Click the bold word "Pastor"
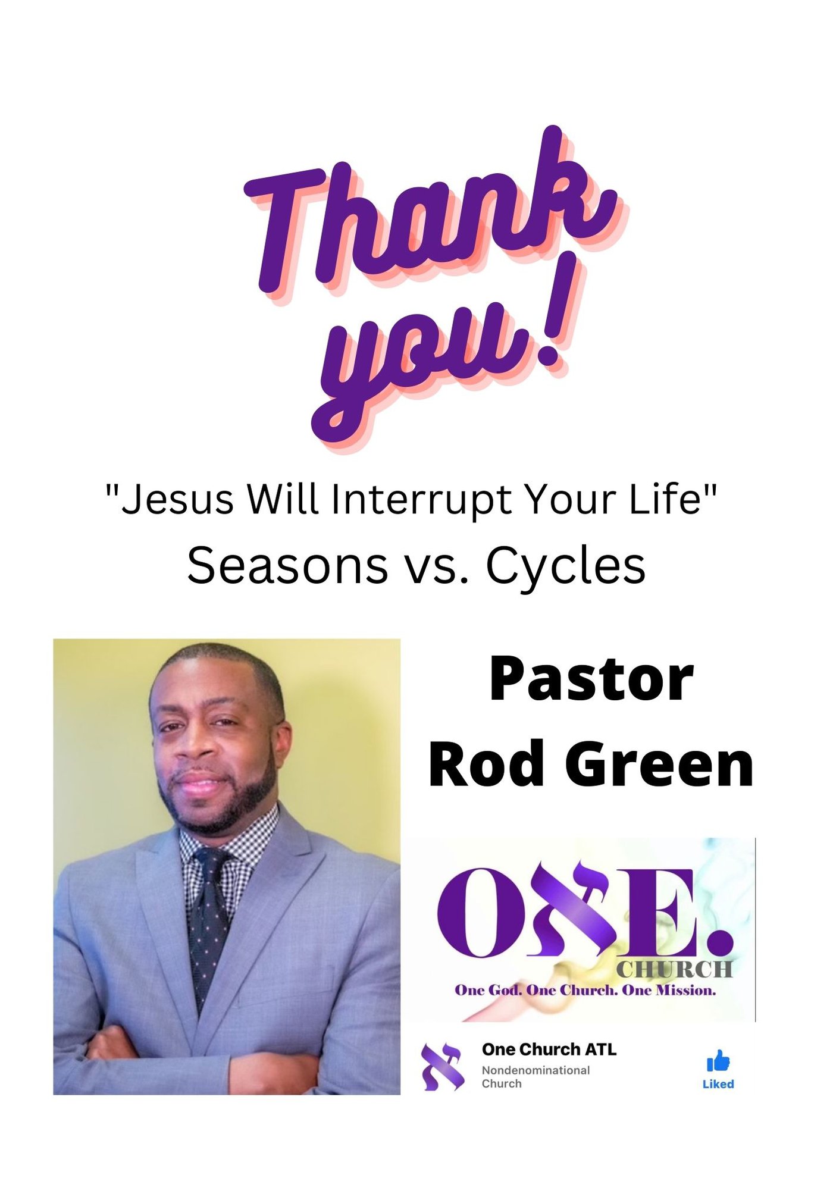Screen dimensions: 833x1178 coord(591,679)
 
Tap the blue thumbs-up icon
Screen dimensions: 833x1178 coord(718,1061)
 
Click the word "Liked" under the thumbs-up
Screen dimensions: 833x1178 coord(718,1084)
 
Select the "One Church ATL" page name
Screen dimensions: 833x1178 coord(549,1049)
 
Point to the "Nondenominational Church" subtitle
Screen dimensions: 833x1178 coord(535,1077)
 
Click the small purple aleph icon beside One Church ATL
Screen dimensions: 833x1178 coord(443,1067)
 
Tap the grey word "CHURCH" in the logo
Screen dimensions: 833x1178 coord(674,970)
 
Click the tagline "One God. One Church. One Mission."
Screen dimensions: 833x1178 coord(585,991)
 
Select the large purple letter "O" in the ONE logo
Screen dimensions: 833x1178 coord(477,912)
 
